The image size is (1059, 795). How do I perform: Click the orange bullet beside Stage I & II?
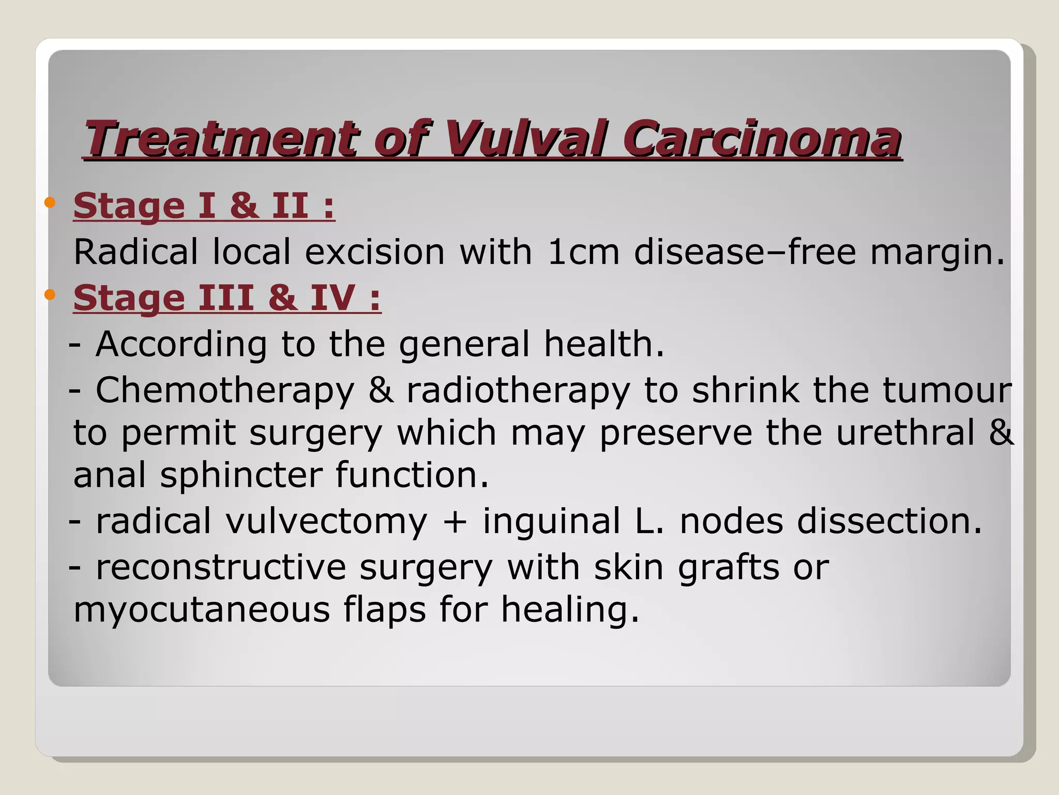tap(50, 202)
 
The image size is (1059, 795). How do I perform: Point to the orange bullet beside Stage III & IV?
tap(50, 295)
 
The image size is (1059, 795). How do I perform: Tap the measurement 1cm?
tap(583, 252)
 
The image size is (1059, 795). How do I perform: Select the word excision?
tap(374, 252)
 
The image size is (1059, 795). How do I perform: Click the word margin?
tap(936, 252)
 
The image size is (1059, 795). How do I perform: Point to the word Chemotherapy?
tap(225, 391)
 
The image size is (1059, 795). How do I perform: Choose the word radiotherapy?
tap(518, 391)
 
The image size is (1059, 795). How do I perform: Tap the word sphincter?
tap(241, 475)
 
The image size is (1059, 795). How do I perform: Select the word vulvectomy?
tap(326, 521)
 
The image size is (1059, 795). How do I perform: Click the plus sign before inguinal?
tap(455, 522)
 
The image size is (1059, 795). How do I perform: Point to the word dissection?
tap(889, 521)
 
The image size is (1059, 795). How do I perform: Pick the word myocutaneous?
tap(202, 609)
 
